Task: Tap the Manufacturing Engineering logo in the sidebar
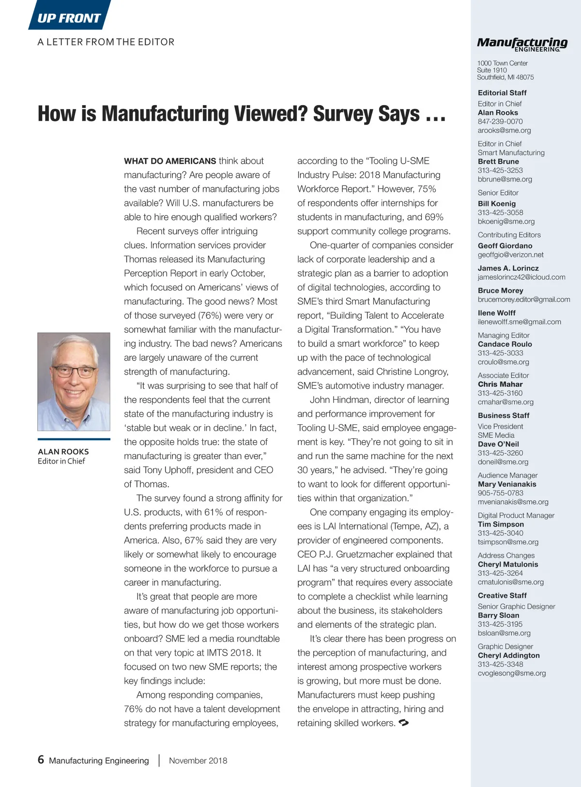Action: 522,44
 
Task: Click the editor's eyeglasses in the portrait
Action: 74,371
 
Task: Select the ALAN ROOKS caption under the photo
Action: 63,451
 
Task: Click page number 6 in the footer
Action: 41,759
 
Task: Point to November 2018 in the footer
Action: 198,760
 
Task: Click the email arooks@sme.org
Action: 504,130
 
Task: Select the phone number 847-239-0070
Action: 500,122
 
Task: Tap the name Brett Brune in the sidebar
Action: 498,161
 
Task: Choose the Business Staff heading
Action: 504,416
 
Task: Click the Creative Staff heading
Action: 502,596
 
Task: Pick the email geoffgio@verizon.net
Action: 510,255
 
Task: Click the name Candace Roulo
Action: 505,344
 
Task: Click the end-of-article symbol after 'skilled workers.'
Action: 404,723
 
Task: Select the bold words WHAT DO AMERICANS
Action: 170,161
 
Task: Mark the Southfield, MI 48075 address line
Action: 505,77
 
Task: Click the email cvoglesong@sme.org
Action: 511,673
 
